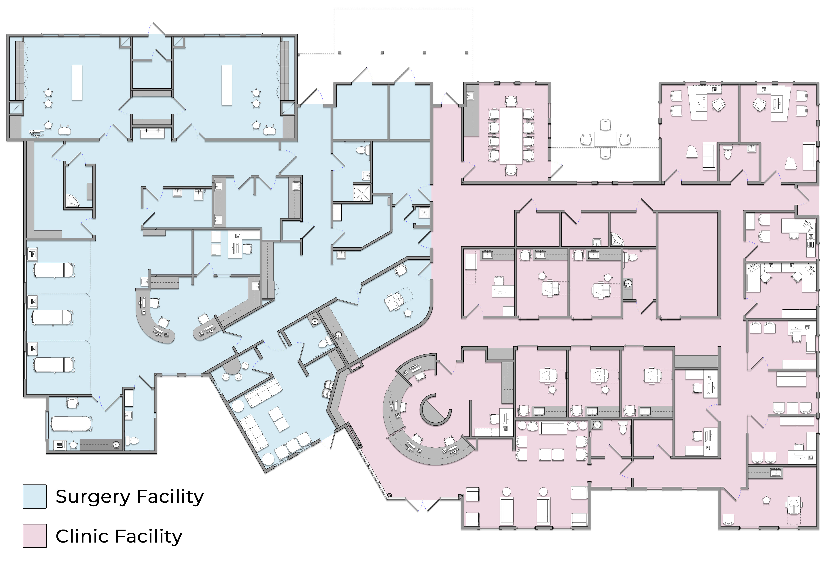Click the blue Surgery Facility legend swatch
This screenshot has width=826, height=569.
click(x=35, y=496)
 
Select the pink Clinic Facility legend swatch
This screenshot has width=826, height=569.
click(x=35, y=535)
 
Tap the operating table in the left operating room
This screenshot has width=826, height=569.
click(x=77, y=82)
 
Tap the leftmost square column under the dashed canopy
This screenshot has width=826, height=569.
click(x=340, y=52)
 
